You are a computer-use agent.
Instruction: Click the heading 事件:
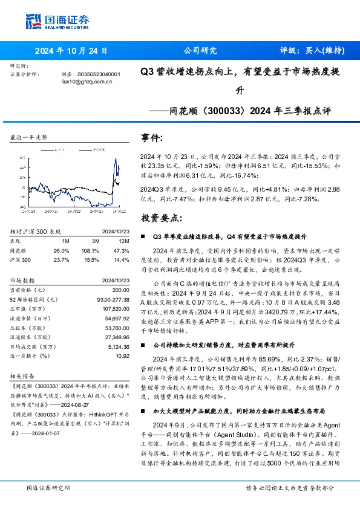(x=152, y=138)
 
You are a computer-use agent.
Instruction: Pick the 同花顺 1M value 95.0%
(x=61, y=250)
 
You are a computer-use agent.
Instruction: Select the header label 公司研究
(x=197, y=51)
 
